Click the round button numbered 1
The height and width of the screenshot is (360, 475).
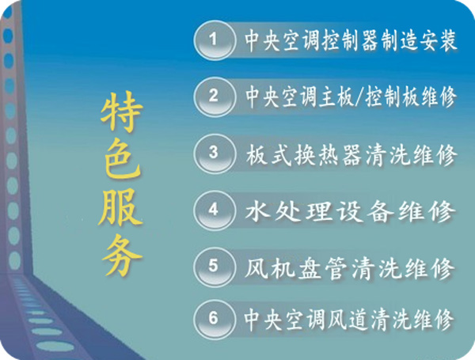point(215,40)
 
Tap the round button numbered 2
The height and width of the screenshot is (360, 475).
point(215,97)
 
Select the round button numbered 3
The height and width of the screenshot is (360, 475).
point(215,153)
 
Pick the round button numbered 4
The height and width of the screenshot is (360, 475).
point(215,210)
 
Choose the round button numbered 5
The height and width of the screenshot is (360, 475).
point(215,267)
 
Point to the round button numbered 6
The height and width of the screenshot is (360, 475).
point(215,319)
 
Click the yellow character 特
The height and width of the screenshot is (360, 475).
point(122,112)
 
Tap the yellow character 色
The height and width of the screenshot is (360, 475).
point(122,161)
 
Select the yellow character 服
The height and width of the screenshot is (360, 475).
point(120,207)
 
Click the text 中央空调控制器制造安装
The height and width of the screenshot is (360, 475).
point(351,40)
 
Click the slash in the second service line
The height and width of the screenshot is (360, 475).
point(359,97)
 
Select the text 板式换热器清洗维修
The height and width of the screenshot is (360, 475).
point(351,155)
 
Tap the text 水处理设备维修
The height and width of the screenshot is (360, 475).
point(350,211)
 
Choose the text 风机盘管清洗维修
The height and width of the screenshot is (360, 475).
point(349,268)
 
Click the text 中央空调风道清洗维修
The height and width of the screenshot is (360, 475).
point(349,320)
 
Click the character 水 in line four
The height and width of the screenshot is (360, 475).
point(257,210)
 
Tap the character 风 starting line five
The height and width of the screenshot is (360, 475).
point(256,268)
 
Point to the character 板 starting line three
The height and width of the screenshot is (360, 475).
point(256,155)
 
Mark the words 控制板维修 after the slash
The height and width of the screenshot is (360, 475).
point(411,97)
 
